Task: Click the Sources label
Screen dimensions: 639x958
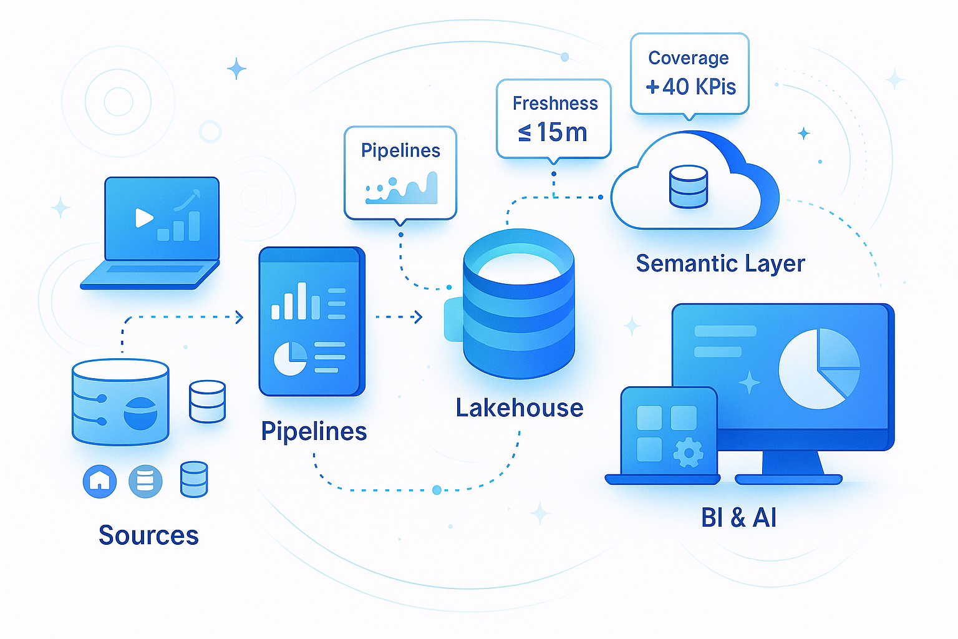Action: (x=148, y=535)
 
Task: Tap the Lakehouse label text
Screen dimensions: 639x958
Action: (x=520, y=408)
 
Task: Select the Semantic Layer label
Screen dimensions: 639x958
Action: (x=720, y=263)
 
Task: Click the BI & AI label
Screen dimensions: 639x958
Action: (x=738, y=518)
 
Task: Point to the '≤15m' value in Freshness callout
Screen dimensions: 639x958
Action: (x=553, y=132)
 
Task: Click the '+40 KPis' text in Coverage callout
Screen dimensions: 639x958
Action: (x=691, y=86)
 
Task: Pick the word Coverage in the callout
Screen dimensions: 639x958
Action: (x=689, y=58)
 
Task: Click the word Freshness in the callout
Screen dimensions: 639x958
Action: (x=555, y=104)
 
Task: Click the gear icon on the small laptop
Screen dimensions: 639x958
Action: (x=688, y=452)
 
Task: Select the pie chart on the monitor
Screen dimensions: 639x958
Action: (x=818, y=369)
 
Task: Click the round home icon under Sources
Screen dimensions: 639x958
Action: (x=100, y=481)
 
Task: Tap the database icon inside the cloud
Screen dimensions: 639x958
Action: (x=689, y=186)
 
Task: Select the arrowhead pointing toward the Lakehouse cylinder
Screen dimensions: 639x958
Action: (x=418, y=317)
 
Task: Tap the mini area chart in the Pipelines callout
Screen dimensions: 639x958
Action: (x=402, y=190)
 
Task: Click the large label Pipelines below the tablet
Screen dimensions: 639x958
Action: (x=314, y=431)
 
